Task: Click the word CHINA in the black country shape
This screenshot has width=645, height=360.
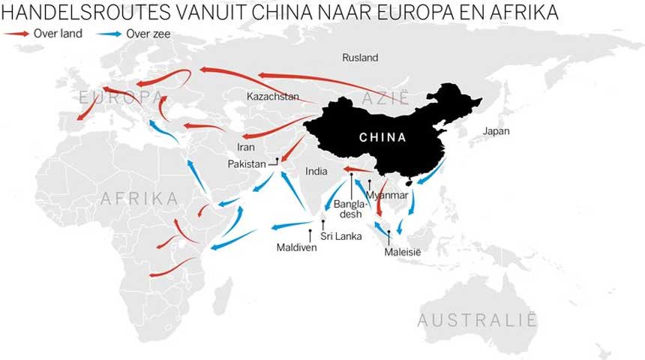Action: (x=382, y=138)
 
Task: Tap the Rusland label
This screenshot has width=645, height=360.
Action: (x=360, y=58)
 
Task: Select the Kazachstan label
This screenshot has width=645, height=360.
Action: (x=273, y=97)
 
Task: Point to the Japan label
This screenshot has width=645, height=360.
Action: (x=496, y=131)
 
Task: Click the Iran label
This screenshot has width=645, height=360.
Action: (x=245, y=147)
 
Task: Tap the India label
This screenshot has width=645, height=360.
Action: (x=316, y=172)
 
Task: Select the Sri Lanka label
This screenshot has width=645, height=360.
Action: (x=341, y=236)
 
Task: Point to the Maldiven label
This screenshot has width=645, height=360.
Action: (x=296, y=247)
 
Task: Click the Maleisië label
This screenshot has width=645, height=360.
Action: (x=403, y=252)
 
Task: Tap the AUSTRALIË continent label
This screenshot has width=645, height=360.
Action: (x=478, y=321)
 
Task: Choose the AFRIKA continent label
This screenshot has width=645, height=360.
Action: (x=139, y=199)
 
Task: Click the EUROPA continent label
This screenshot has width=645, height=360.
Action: (x=120, y=97)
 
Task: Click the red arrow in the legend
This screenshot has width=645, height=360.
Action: (x=16, y=34)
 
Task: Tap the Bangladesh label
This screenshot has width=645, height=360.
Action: (x=351, y=208)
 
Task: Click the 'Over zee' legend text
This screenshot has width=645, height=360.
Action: (x=149, y=34)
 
